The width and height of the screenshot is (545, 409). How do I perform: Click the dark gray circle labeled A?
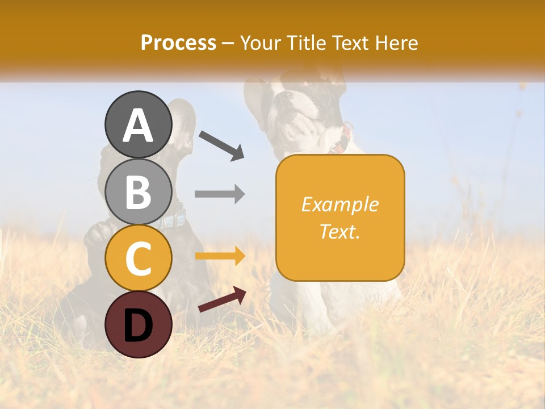[138, 124]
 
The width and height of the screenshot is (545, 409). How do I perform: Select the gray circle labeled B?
[138, 191]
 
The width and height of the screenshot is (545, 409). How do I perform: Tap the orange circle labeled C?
[138, 258]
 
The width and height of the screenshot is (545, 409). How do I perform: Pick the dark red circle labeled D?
[138, 325]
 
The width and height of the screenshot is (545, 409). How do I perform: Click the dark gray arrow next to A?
[222, 145]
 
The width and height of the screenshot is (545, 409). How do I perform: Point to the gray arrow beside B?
[220, 194]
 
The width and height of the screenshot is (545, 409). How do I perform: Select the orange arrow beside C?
[220, 256]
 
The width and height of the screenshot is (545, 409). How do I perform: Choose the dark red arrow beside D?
[222, 299]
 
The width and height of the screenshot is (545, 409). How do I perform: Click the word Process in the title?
[178, 43]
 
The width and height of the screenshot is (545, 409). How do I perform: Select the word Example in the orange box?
[339, 204]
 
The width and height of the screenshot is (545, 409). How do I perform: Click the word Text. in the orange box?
[339, 231]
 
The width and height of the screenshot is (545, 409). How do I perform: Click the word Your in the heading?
[262, 43]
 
